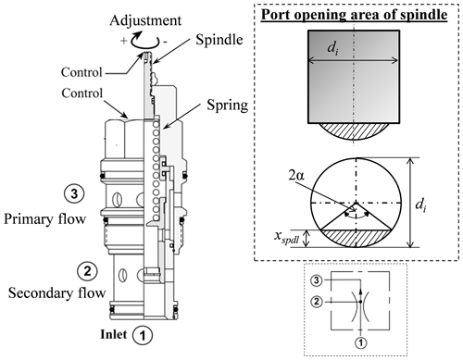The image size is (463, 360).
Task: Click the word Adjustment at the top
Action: coord(145,21)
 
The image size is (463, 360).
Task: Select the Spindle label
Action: coord(219,40)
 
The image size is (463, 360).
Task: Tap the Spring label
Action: coord(227,106)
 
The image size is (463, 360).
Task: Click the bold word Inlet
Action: coord(113,334)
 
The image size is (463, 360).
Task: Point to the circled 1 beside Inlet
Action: coord(143,335)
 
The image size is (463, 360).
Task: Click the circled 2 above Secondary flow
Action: coord(88,271)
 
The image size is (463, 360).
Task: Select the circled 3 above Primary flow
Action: coord(74,194)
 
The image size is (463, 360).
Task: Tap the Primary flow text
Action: coord(44,219)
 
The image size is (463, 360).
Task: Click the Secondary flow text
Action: coord(56,293)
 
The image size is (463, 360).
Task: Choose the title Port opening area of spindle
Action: coord(354,15)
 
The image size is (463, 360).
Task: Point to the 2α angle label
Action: coord(296,176)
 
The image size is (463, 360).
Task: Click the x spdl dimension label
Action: coord(287,238)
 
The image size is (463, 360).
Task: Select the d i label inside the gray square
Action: coord(332,48)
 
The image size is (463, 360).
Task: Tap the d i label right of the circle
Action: coord(421,204)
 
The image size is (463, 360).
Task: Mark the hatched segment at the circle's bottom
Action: coord(357,239)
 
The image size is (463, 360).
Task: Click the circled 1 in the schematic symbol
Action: coord(360,342)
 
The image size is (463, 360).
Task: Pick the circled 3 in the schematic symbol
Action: coord(317,280)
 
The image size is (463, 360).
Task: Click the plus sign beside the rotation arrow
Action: coord(123,41)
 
